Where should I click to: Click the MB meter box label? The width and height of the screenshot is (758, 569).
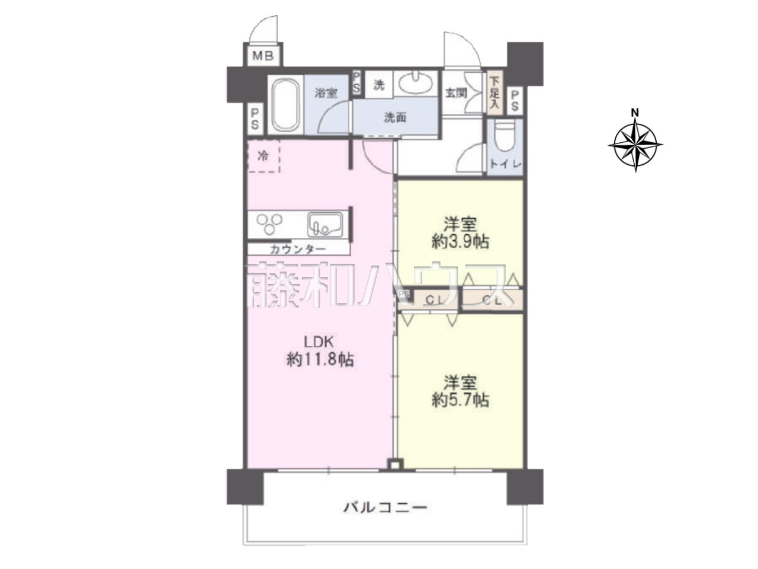[263, 56]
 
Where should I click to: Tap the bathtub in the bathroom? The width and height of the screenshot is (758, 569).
[285, 105]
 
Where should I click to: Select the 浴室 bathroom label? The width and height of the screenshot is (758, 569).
[326, 93]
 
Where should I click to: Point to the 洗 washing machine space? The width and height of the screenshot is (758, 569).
[379, 85]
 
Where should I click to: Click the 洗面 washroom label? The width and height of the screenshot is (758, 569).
[396, 117]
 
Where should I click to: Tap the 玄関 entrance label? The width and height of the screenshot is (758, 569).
[456, 93]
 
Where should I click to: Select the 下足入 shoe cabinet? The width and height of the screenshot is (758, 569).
[494, 92]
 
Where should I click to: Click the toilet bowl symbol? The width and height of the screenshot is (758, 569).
[505, 136]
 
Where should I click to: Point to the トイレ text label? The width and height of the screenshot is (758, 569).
[506, 164]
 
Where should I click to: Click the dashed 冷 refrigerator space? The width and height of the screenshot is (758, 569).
[264, 156]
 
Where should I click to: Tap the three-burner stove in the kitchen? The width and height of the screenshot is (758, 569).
[269, 223]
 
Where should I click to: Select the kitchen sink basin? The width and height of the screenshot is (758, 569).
[325, 225]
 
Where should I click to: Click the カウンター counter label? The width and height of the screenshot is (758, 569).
[298, 249]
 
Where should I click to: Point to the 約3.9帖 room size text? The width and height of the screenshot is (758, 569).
[460, 242]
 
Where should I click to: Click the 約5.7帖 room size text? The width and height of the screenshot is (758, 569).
[460, 401]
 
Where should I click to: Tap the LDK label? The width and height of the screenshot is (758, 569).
[319, 341]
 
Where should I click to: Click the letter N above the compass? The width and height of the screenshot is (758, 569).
[635, 113]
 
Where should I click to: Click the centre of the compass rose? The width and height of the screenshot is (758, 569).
[635, 145]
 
